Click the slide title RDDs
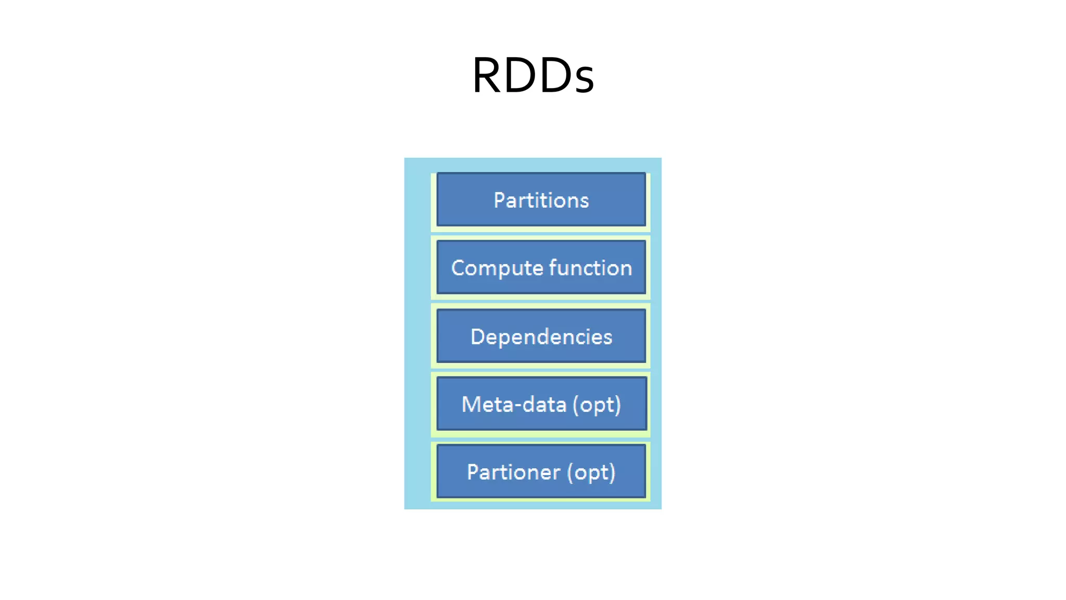(532, 76)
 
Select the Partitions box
(541, 199)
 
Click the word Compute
(497, 268)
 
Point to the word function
(590, 268)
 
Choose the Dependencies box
(541, 336)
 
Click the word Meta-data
(513, 404)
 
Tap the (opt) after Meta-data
(597, 405)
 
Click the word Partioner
(513, 472)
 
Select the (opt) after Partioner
(591, 472)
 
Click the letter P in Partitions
(499, 200)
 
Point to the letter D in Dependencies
(477, 336)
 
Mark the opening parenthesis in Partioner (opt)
(570, 472)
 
